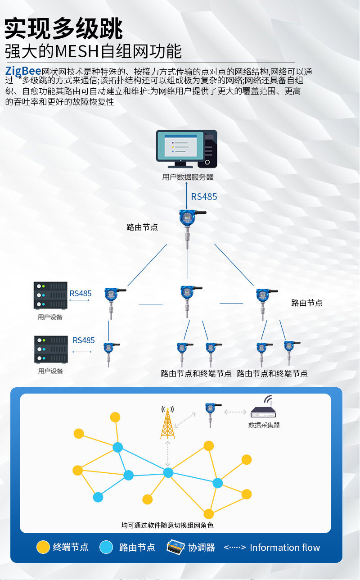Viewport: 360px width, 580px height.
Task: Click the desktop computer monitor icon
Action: point(180,146)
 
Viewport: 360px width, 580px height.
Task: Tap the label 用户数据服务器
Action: point(188,177)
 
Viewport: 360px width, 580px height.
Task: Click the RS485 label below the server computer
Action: point(204,197)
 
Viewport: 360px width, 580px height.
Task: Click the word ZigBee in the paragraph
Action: point(23,71)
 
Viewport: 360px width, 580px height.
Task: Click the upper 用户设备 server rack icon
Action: point(50,295)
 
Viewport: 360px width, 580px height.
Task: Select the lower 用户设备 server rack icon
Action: point(50,349)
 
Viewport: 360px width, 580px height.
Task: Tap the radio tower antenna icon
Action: point(167,422)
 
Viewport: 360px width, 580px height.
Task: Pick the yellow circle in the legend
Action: point(43,547)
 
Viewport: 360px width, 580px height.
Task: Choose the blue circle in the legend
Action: point(106,547)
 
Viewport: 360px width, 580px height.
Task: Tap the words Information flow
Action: point(285,548)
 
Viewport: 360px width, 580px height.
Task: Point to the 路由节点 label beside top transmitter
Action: point(142,227)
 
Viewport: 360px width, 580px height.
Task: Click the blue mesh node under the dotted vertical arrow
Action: point(168,472)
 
